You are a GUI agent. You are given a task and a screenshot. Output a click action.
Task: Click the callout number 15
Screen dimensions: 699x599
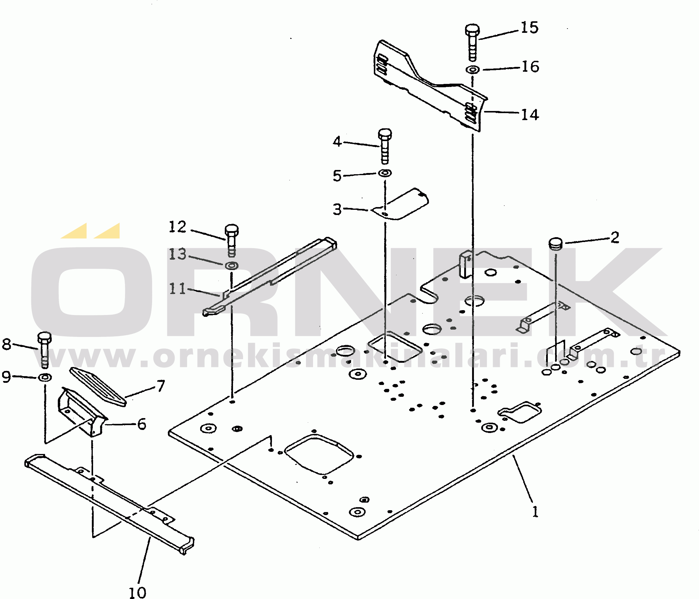click(x=530, y=27)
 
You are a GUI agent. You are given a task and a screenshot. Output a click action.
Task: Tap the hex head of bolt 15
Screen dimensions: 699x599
click(x=472, y=30)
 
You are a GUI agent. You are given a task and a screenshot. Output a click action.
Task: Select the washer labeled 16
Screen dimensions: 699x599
click(x=472, y=70)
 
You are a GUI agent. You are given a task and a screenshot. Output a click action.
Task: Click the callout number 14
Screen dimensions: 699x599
click(x=530, y=115)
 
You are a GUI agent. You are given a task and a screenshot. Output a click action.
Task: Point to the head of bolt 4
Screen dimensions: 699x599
click(x=385, y=134)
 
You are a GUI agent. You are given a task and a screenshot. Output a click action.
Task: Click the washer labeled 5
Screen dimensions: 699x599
click(x=384, y=173)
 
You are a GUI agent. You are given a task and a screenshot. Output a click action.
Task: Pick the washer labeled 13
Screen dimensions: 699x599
click(x=231, y=265)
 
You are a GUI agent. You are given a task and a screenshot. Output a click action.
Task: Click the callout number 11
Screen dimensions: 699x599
click(x=177, y=289)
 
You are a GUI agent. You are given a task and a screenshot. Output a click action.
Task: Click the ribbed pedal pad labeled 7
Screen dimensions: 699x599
click(x=98, y=387)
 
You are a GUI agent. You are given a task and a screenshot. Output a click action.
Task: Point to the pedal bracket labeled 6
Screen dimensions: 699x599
click(x=82, y=412)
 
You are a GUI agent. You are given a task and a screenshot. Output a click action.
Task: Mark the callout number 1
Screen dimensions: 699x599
click(x=535, y=512)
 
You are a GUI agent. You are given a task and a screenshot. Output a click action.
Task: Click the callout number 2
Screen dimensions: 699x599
click(x=615, y=237)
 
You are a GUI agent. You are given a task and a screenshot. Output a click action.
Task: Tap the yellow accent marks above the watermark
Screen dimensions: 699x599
click(x=90, y=231)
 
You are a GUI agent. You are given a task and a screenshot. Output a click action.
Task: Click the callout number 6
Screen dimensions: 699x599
click(x=142, y=424)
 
